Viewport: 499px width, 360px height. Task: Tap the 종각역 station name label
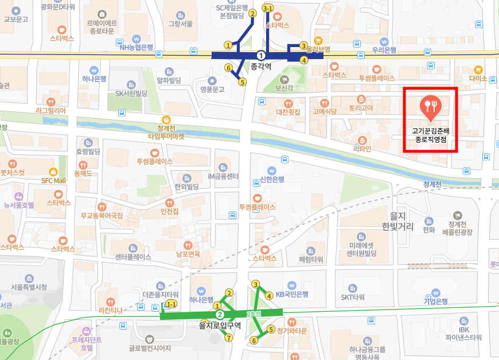click(261, 66)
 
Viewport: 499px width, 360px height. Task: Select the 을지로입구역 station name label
click(219, 325)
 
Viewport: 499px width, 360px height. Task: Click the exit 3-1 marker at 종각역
click(267, 9)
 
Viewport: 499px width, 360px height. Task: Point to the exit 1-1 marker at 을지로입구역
click(170, 304)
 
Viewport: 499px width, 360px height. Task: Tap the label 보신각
click(284, 88)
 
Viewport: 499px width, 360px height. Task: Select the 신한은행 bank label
click(272, 179)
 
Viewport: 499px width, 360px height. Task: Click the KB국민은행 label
click(292, 294)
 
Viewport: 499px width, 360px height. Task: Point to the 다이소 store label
click(478, 78)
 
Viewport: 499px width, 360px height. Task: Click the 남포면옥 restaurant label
click(188, 254)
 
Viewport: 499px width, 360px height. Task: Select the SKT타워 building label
click(353, 297)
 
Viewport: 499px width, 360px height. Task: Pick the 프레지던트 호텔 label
click(86, 343)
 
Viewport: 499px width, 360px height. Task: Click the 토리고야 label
click(361, 107)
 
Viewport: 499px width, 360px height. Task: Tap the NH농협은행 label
click(136, 47)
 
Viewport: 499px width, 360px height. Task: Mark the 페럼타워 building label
click(311, 259)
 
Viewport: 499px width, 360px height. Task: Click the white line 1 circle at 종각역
click(261, 55)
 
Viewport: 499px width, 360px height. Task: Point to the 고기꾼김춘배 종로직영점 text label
click(430, 135)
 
